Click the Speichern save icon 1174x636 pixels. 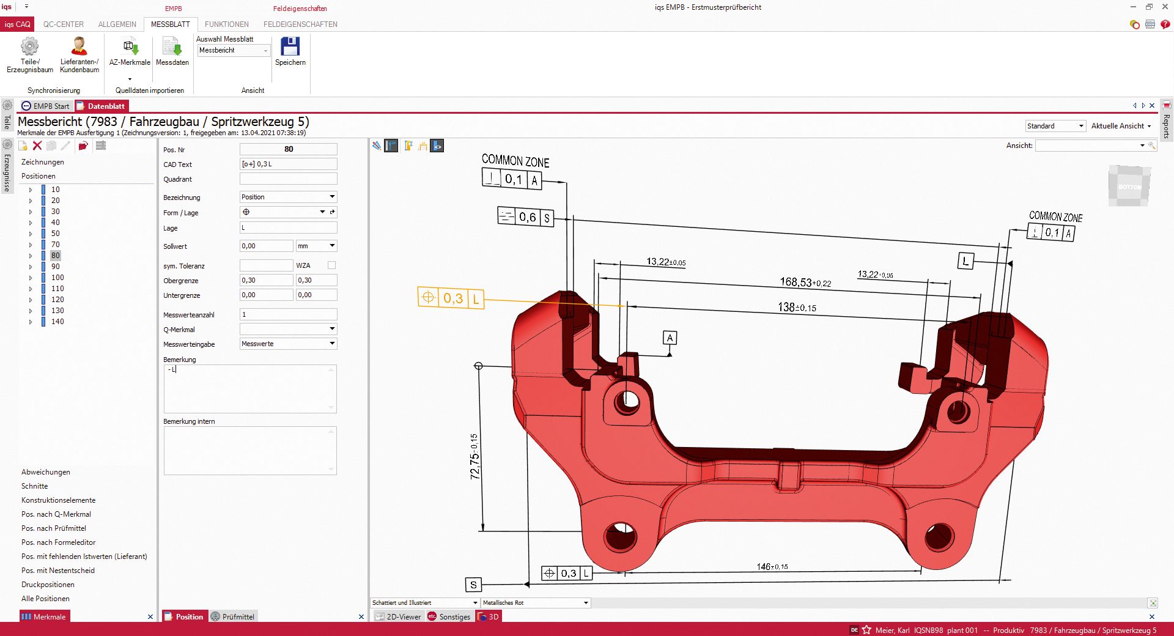point(290,47)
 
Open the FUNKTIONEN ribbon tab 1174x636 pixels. point(226,24)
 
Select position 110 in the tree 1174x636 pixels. point(57,289)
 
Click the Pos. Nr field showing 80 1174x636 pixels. point(288,149)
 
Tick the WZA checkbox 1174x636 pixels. point(331,265)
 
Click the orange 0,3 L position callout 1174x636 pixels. point(451,298)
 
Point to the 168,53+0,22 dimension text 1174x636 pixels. point(805,282)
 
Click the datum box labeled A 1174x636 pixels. point(670,338)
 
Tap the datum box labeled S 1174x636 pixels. point(473,585)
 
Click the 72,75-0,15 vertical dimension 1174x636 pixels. point(474,456)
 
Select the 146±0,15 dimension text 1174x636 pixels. point(772,567)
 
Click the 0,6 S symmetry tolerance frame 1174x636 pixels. point(526,217)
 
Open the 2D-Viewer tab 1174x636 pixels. point(398,616)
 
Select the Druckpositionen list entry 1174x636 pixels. point(48,585)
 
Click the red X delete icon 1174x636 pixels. point(37,146)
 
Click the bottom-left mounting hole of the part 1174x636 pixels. point(620,536)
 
